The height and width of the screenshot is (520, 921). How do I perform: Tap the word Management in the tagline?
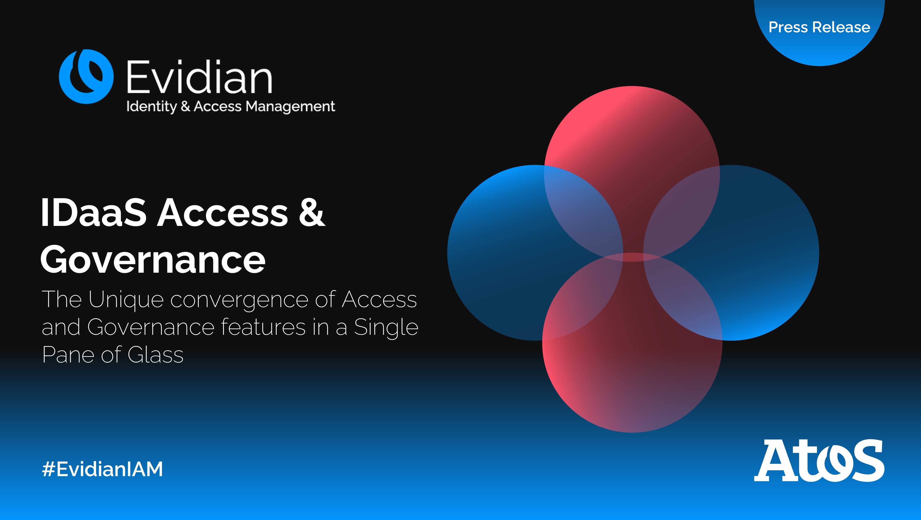[x=290, y=107]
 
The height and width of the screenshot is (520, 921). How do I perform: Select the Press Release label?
[x=819, y=27]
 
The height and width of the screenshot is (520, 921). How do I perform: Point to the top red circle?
[x=632, y=143]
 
